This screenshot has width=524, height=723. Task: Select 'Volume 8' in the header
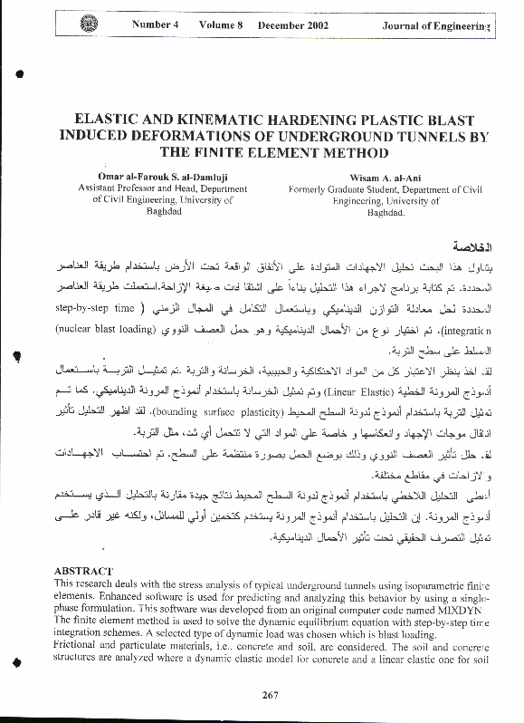(x=221, y=25)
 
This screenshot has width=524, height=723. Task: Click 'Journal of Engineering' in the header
(x=435, y=26)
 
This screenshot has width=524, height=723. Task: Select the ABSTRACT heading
(x=83, y=571)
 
